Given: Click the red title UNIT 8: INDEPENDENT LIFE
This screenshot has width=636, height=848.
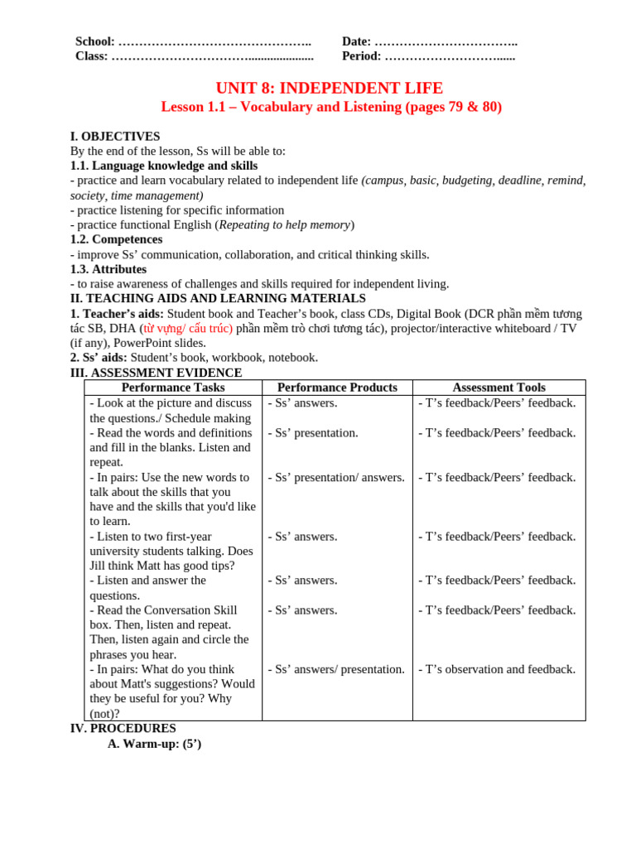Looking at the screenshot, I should (329, 88).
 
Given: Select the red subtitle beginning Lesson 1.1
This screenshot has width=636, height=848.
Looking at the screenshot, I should (330, 107).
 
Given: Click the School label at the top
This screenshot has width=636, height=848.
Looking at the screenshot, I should (94, 41).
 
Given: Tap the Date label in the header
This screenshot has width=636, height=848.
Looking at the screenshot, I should (356, 41).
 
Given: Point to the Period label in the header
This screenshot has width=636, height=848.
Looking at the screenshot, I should (361, 56).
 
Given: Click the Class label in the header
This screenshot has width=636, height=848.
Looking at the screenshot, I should (91, 56).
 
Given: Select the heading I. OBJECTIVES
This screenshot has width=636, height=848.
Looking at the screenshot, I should (115, 136).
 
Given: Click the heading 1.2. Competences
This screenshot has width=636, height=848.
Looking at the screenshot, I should (116, 239).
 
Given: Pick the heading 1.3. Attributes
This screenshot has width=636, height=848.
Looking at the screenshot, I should (108, 269).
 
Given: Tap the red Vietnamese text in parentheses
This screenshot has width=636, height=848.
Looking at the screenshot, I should (186, 329).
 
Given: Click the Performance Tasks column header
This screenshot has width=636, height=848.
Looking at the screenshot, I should (173, 388).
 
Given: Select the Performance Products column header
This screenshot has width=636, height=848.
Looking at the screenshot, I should (337, 388).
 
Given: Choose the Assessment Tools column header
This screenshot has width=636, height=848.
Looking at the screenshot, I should (499, 388).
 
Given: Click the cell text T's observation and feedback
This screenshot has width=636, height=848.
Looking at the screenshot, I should (497, 669).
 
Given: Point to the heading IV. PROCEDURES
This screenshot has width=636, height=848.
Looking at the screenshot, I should (123, 728).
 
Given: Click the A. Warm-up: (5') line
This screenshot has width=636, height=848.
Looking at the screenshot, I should (154, 744).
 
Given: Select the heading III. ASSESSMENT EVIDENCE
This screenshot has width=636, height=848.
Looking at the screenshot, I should (156, 373).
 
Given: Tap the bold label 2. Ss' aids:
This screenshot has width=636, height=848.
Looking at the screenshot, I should (99, 358).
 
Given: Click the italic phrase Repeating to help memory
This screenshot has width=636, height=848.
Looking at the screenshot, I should (284, 224).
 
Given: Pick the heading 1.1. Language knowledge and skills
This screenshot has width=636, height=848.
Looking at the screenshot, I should (164, 166).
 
